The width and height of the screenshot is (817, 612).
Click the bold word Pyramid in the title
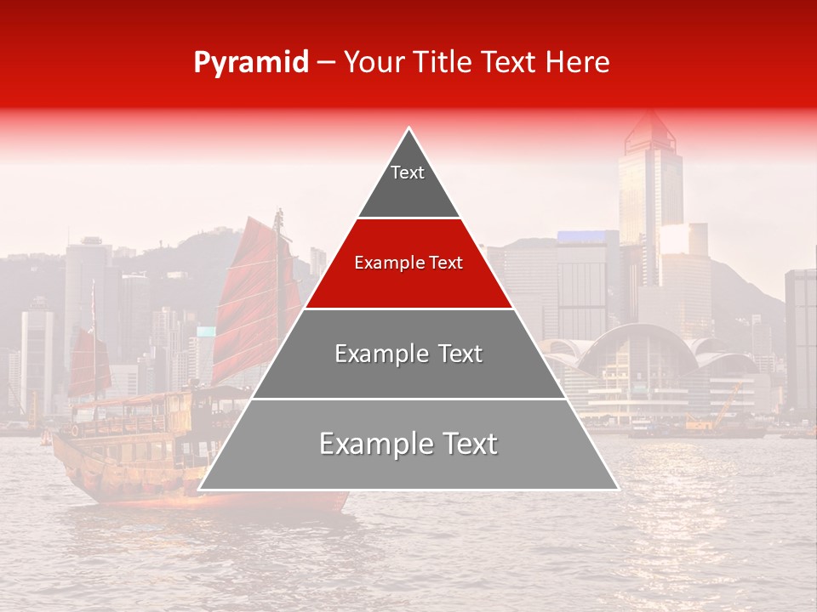[250, 63]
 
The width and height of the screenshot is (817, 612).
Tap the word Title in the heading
[443, 62]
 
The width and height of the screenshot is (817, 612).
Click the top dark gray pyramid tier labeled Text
[408, 183]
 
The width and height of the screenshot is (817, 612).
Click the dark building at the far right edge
[801, 340]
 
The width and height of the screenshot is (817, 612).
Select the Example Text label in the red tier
[408, 263]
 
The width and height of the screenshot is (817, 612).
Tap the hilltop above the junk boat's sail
[213, 234]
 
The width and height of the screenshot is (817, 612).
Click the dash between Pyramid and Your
[326, 63]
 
